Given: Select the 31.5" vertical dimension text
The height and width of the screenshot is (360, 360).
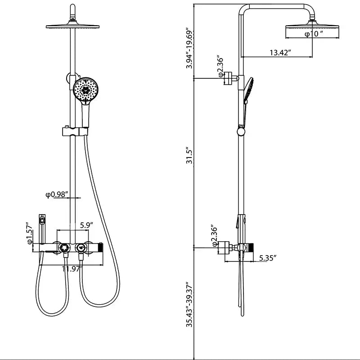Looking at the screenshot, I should pos(190,156).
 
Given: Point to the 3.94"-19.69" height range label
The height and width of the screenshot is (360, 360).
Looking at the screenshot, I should pos(190,49).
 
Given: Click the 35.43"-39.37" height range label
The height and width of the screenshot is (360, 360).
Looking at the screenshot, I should pos(190,305).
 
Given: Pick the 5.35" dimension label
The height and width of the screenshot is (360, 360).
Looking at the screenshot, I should pos(268,258).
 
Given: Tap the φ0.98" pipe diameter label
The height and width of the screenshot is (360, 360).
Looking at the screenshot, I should pos(57,194).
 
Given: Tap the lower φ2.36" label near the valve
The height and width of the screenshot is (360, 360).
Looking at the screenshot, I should pos(215,236).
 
